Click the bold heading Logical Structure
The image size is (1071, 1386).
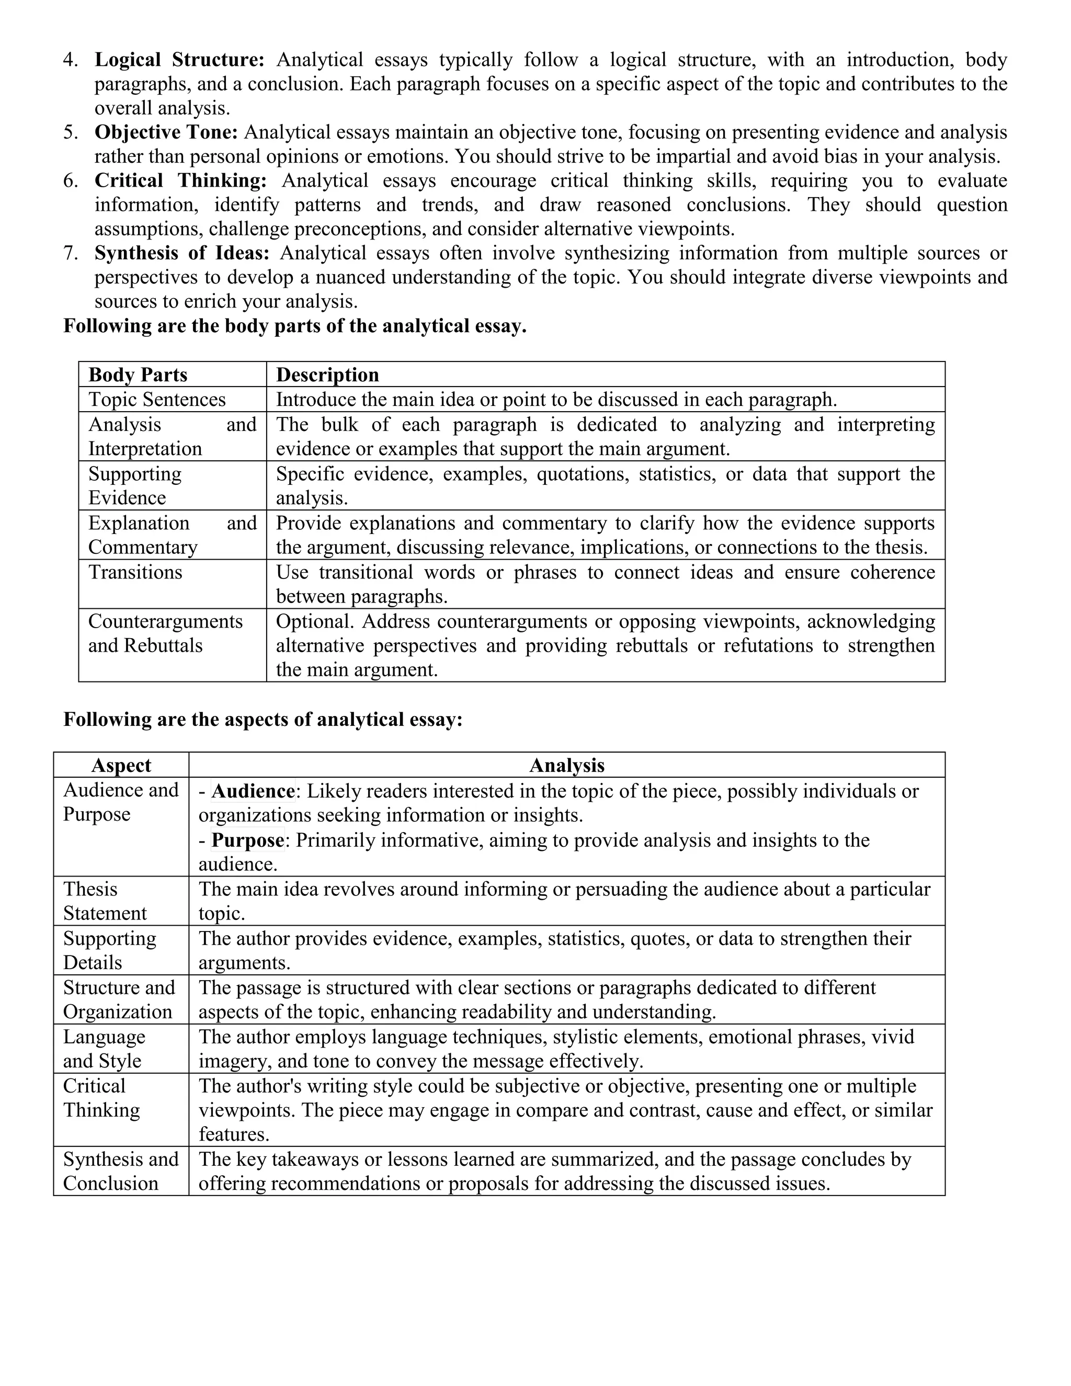[179, 60]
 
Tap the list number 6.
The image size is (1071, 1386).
[70, 180]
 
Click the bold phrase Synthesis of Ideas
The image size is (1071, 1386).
[181, 253]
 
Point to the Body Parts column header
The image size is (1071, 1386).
[138, 374]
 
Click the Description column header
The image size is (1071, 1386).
[327, 374]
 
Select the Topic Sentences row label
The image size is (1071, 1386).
[157, 399]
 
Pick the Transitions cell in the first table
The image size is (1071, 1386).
[134, 572]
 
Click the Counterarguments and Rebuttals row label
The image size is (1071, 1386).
[165, 633]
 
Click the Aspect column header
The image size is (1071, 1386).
[121, 765]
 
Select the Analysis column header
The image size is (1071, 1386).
[566, 765]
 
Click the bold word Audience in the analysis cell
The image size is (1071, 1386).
[253, 791]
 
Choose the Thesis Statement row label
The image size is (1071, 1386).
[104, 901]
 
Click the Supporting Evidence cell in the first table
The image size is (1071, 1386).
[134, 485]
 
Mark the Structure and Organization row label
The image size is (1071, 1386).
[119, 999]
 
